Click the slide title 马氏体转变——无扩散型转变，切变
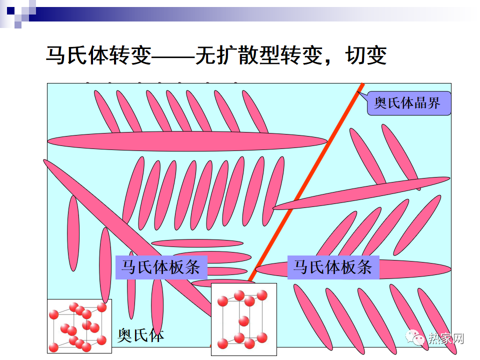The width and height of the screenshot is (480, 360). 216,55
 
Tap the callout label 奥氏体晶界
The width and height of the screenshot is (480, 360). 408,103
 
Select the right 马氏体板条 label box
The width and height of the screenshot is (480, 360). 333,266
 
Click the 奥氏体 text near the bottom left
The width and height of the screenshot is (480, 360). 140,335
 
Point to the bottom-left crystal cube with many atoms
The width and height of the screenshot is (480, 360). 79,325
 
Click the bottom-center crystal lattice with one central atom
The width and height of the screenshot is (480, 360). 243,318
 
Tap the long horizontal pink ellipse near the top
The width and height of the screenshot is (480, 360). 187,141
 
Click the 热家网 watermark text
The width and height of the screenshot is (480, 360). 446,338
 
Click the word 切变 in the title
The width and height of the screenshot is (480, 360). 366,55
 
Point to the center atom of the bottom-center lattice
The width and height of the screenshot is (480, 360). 244,320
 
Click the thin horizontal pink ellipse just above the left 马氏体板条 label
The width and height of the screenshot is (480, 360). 197,243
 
